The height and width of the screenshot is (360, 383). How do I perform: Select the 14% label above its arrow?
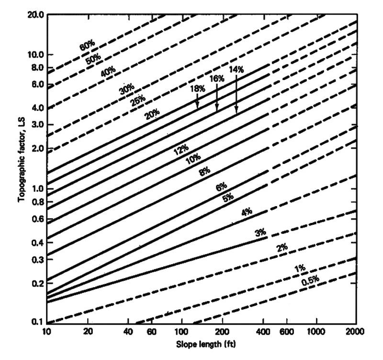[237, 70]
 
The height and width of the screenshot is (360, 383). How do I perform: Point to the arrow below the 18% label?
[197, 101]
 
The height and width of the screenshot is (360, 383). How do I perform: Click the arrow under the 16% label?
[217, 101]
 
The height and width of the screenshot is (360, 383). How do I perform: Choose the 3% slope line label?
[260, 233]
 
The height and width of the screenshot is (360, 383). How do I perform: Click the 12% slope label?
[181, 151]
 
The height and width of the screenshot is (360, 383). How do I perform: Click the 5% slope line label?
[228, 197]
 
